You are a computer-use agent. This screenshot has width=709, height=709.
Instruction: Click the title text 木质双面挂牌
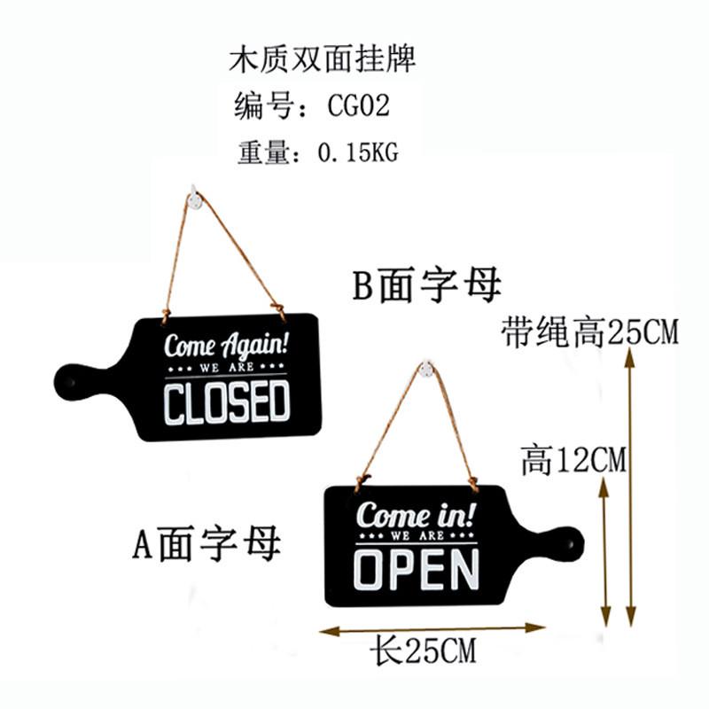pos(321,59)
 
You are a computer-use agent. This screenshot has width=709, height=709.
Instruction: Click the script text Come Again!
pos(227,343)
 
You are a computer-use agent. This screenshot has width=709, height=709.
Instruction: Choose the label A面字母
pos(207,543)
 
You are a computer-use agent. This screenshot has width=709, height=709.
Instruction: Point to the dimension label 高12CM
pos(573,460)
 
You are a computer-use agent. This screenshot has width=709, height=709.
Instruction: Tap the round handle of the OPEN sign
pos(565,541)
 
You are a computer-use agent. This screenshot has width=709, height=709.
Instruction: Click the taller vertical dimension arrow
pos(631,487)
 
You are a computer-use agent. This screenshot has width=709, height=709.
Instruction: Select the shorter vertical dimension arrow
pos(606,549)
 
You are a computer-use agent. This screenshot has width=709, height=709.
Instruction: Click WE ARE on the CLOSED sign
pos(227,366)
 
